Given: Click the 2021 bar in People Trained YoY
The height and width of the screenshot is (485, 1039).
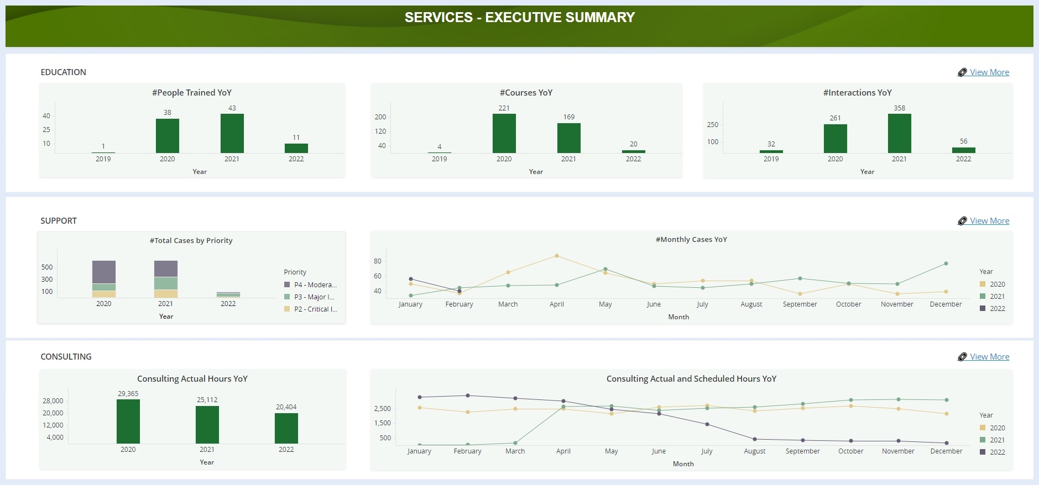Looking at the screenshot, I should (x=232, y=133).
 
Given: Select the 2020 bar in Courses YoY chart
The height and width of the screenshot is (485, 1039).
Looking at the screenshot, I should (x=504, y=133).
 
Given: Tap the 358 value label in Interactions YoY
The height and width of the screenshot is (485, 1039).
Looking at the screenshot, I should (x=899, y=108).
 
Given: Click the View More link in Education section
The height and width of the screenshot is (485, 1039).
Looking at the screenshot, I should (x=989, y=72).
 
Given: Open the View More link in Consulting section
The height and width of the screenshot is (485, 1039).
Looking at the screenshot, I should (x=989, y=357).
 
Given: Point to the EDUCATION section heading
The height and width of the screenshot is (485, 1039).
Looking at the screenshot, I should (x=63, y=72).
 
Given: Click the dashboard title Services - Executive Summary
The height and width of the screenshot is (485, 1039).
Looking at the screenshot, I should (x=519, y=18).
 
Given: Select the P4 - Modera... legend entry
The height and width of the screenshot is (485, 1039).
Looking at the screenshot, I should (x=315, y=285).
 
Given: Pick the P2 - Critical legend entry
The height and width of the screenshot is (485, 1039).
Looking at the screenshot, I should (x=315, y=309).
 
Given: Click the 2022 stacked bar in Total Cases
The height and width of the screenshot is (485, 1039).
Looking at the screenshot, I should (x=228, y=295).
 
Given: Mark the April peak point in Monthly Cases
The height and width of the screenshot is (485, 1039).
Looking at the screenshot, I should (x=556, y=256).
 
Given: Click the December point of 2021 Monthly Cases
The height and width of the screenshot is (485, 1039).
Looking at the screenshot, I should (x=946, y=263).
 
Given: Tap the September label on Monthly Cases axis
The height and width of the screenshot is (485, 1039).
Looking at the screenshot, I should (x=800, y=304).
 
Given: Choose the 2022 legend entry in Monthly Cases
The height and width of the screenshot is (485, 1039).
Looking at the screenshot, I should (x=996, y=309).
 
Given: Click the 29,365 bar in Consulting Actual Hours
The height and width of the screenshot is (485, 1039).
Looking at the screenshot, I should (x=128, y=421).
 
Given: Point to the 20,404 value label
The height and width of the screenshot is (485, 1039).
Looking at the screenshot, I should (x=286, y=407).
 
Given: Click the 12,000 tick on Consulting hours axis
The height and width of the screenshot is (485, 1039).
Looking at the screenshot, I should (x=53, y=425).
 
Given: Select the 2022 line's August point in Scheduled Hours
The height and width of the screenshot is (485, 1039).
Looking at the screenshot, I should (x=754, y=439).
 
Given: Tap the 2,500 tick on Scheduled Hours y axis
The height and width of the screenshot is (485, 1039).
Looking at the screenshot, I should (x=382, y=409).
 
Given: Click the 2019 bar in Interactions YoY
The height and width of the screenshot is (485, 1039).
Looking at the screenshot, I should (x=771, y=151).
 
